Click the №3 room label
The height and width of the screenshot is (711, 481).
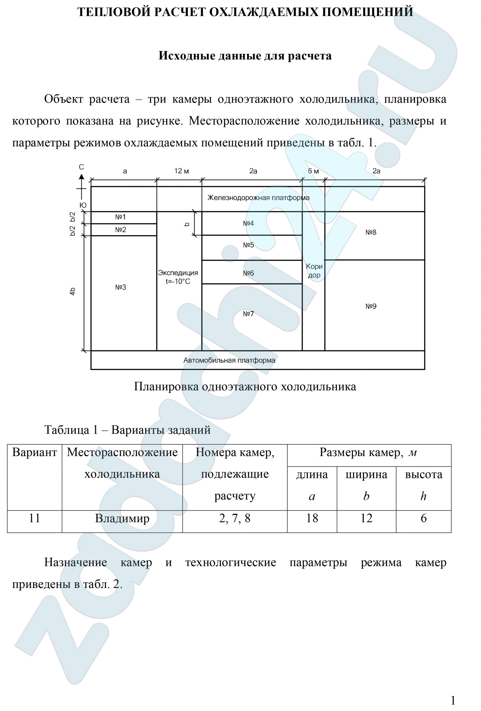[x=120, y=287]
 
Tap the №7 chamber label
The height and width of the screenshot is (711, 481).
[x=248, y=314]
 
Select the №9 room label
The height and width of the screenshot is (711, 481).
[x=371, y=306]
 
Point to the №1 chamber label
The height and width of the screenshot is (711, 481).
[x=120, y=217]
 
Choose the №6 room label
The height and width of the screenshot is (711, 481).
[x=248, y=273]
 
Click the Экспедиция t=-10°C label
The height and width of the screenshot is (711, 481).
[x=178, y=277]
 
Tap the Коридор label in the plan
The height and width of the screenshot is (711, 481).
[x=314, y=271]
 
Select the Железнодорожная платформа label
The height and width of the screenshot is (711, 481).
[x=258, y=198]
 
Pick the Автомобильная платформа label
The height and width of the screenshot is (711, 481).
[x=229, y=360]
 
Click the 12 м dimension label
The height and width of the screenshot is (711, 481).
[x=181, y=171]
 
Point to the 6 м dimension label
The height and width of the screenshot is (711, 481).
[x=313, y=171]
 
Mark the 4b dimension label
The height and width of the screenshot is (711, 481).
[x=73, y=291]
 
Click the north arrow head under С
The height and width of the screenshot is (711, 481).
[x=81, y=177]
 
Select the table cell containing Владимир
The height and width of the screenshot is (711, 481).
[x=122, y=518]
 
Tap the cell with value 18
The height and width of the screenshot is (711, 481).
[x=312, y=518]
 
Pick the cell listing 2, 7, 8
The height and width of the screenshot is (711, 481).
[x=235, y=518]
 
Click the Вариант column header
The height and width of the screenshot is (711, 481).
[x=35, y=452]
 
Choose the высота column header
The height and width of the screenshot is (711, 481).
[x=423, y=475]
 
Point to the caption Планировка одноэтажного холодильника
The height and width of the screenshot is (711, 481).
[x=245, y=387]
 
